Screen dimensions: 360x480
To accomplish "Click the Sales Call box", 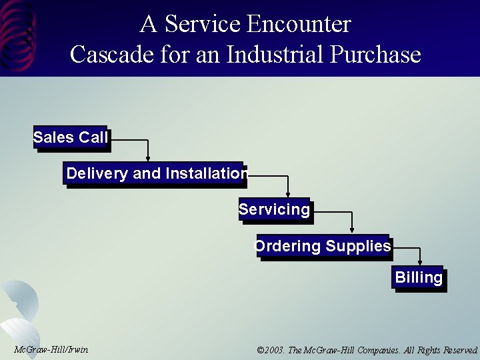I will pyautogui.click(x=70, y=138).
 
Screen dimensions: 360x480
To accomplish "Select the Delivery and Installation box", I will pyautogui.click(x=156, y=174).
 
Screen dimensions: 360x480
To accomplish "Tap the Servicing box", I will pyautogui.click(x=274, y=210).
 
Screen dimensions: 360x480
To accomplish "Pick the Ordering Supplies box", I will pyautogui.click(x=323, y=246).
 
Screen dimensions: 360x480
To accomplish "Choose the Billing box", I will pyautogui.click(x=418, y=277).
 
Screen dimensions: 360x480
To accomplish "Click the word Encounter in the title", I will pyautogui.click(x=299, y=25).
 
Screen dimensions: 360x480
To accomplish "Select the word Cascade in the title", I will pyautogui.click(x=105, y=54).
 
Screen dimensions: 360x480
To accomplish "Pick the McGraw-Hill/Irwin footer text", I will pyautogui.click(x=51, y=350).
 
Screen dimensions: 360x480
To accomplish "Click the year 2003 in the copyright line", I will pyautogui.click(x=274, y=350).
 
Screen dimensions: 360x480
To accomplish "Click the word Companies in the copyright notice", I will pyautogui.click(x=377, y=350).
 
